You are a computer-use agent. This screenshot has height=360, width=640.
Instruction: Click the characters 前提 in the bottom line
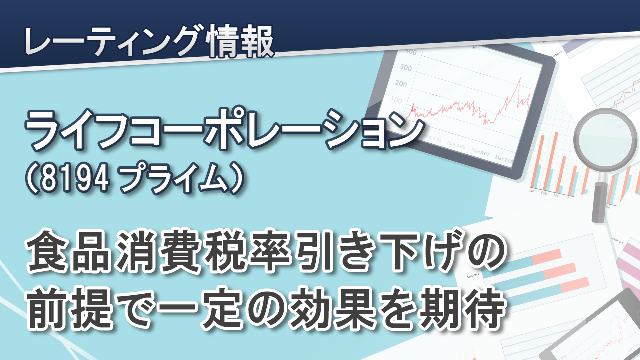click(x=70, y=309)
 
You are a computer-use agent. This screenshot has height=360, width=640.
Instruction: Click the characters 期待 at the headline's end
click(x=462, y=309)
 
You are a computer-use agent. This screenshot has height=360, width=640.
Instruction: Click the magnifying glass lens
click(x=603, y=140)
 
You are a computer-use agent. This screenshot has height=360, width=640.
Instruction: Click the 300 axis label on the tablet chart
click(x=405, y=67)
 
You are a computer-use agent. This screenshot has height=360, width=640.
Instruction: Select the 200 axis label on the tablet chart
click(x=401, y=83)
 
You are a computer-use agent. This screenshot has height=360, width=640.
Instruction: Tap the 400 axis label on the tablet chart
click(x=411, y=52)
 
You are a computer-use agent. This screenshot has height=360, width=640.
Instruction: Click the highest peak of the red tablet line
click(x=520, y=78)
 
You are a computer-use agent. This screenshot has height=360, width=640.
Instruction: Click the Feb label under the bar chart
click(x=544, y=193)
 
